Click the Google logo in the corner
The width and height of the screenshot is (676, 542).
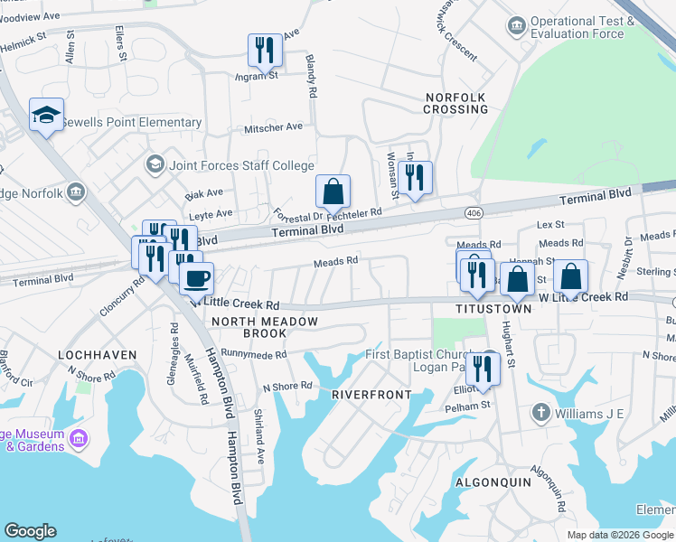click(x=30, y=531)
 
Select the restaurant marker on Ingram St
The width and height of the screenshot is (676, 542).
click(x=265, y=51)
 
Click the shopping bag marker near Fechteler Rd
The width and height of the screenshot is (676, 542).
click(x=333, y=192)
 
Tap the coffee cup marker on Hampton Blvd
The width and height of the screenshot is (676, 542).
click(x=196, y=279)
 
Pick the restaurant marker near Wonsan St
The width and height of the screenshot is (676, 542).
click(x=415, y=179)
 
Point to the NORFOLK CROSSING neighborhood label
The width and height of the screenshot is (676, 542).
click(x=456, y=103)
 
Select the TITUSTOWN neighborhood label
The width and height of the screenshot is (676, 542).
click(x=494, y=309)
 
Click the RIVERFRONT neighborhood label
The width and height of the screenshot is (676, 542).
click(x=371, y=395)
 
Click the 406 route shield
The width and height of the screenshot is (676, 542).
click(x=474, y=212)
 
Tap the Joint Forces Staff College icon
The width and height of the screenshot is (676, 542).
click(x=155, y=165)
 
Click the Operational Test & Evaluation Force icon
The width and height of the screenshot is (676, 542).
click(x=517, y=24)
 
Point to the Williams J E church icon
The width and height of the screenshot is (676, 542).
click(x=540, y=413)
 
